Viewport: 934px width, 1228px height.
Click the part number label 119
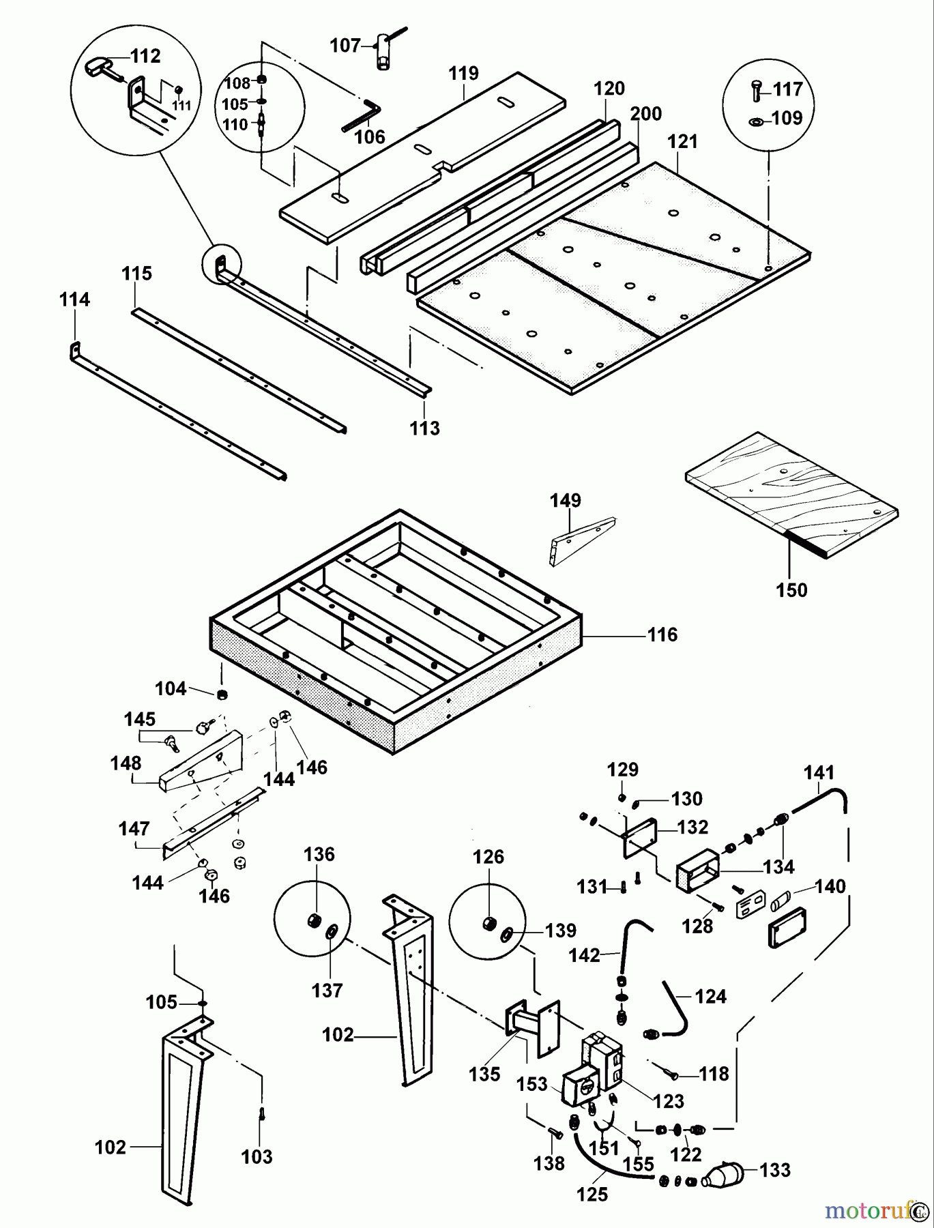click(x=464, y=74)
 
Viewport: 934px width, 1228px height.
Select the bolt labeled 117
click(x=755, y=89)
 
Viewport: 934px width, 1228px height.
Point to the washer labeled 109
click(x=756, y=121)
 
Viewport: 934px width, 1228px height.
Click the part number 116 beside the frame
click(x=662, y=635)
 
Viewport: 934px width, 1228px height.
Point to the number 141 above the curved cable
click(x=819, y=773)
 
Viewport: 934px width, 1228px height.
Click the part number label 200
click(x=645, y=114)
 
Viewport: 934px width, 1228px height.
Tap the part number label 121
click(x=682, y=141)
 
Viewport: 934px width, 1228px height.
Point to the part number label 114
click(x=74, y=299)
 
